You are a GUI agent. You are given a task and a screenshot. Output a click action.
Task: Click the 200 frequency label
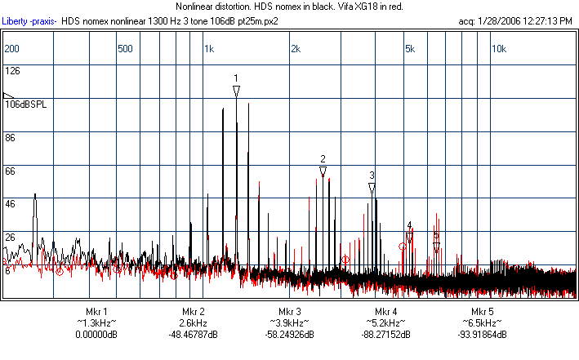coord(11,49)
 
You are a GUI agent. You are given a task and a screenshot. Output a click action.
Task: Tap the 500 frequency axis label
coord(125,49)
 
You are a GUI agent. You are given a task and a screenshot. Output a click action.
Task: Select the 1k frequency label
coord(209,49)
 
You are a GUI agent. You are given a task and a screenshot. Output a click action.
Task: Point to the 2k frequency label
coord(296,49)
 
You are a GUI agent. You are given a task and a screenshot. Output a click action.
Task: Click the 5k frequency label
coord(410,49)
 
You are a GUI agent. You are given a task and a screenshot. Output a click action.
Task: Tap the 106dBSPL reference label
coord(26,105)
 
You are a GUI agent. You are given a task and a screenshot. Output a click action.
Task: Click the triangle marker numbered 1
coord(236,91)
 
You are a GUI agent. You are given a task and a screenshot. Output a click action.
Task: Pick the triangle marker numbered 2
coord(323,171)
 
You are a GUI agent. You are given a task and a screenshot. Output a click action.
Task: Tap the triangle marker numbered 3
coord(372,189)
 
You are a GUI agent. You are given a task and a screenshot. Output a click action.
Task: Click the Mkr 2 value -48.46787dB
coord(193,335)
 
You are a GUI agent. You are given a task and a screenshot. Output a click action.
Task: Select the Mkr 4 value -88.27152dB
coord(386,335)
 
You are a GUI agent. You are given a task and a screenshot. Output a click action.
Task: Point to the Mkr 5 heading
coord(483,312)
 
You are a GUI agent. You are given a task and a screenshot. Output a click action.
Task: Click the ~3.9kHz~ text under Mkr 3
coord(290,323)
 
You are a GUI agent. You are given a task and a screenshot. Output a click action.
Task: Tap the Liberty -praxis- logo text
coord(30,21)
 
